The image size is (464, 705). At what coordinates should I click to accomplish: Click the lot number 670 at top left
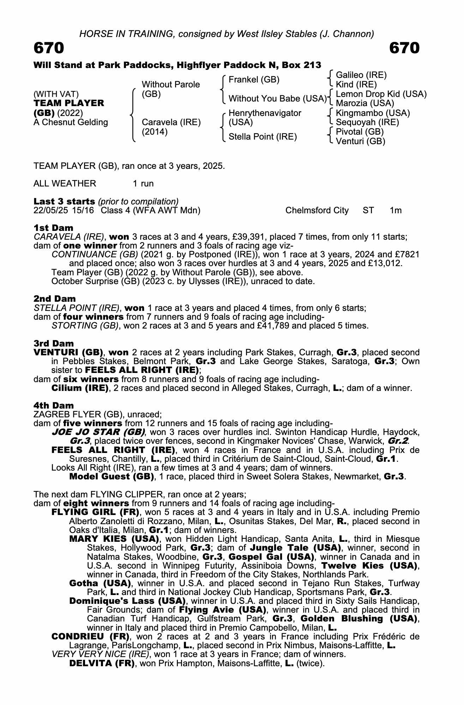coord(49,48)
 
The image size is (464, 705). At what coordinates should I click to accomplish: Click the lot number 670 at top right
coord(404,48)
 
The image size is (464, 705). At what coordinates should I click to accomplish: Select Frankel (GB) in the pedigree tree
coord(254,80)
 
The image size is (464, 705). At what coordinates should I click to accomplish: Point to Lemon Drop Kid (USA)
coord(381,94)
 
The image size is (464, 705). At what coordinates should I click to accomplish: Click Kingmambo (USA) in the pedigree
coord(373,113)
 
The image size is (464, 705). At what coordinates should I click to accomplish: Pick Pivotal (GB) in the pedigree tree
coord(359,132)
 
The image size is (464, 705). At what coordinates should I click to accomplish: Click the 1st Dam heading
coord(53,228)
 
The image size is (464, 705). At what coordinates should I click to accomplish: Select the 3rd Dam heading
coord(54,343)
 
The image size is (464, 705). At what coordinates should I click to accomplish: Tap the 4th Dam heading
coord(54,405)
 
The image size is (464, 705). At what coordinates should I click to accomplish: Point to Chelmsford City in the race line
coord(317,211)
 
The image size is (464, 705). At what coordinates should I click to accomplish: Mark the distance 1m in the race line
coord(396,211)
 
